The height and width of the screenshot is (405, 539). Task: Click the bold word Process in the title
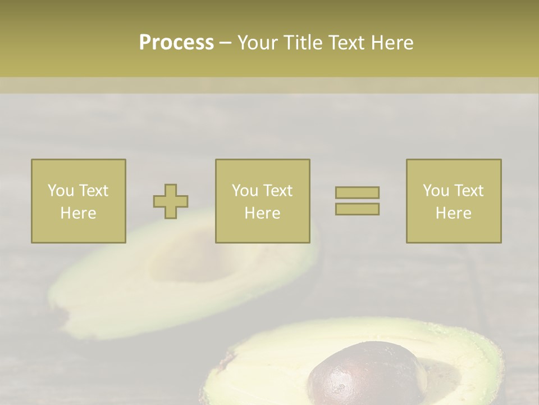(176, 42)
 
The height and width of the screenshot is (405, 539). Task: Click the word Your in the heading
(257, 42)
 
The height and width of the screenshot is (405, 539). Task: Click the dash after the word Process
(226, 43)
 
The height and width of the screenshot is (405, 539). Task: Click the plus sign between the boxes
(171, 201)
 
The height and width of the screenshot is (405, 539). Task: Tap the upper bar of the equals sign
(357, 192)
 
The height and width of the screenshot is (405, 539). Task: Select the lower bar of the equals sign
(357, 209)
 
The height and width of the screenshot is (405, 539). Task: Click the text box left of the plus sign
(79, 201)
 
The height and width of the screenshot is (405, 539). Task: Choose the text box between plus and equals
(262, 201)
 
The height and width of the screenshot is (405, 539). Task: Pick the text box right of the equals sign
(454, 201)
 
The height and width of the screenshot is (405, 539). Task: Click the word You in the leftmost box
(61, 190)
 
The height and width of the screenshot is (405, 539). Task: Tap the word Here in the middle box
(262, 213)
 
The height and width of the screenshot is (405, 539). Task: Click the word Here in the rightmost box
(454, 213)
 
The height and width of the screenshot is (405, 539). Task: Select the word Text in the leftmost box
(93, 190)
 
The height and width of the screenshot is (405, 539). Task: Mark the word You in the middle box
(245, 190)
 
